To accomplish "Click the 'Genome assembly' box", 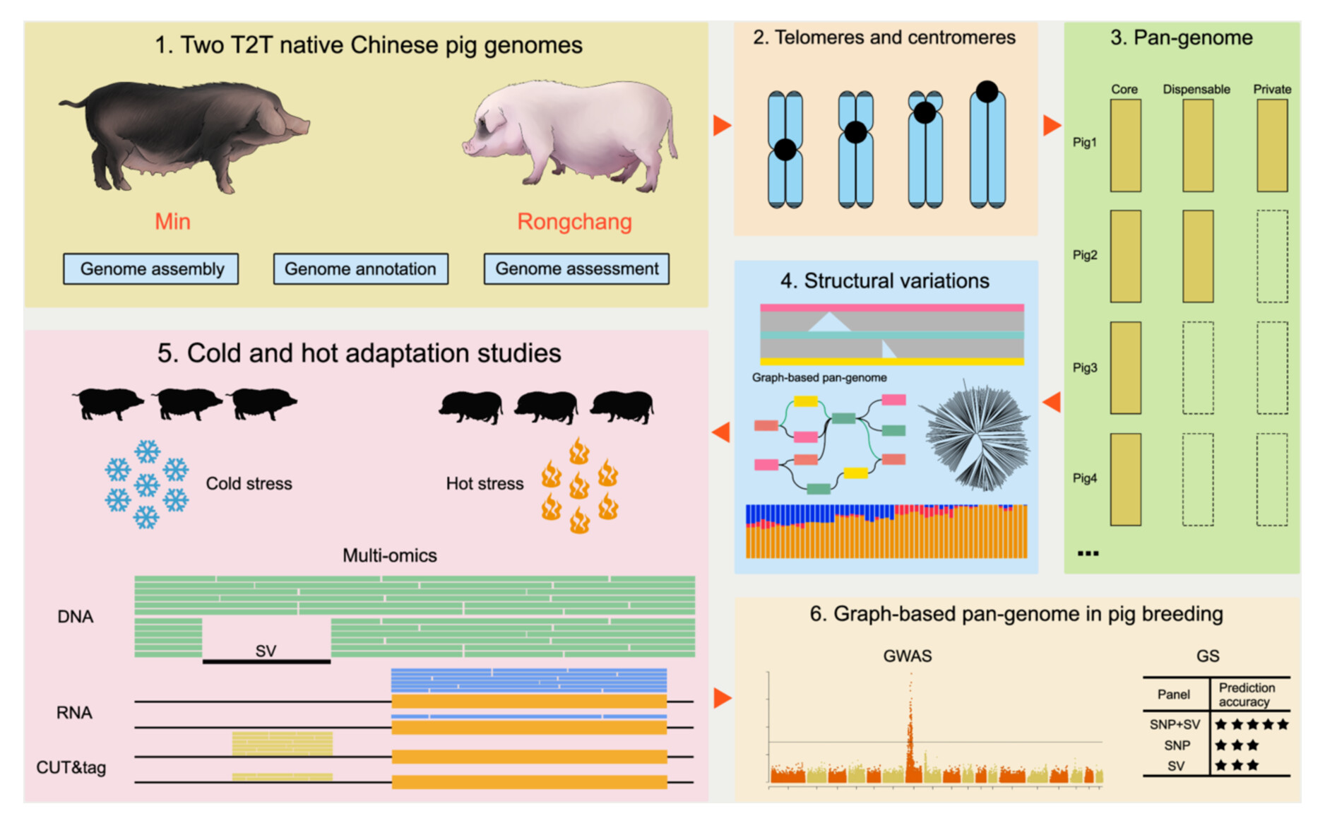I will coord(150,269).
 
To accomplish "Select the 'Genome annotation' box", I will coord(360,269).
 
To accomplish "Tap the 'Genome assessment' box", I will coord(576,269).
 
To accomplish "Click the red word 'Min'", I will coord(172,222).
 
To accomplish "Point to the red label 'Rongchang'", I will coord(574,222).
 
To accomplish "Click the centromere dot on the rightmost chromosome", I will coord(987,91).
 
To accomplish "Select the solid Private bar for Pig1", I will coord(1271,146).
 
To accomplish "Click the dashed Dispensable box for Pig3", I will coord(1198,367).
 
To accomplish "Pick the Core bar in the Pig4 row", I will coord(1125,479).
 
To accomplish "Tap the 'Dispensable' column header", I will coord(1196,90).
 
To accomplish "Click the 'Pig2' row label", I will coord(1085,255).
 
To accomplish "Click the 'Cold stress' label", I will coord(249,484).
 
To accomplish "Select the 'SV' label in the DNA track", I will coord(266,651).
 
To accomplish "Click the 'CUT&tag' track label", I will coord(71,767).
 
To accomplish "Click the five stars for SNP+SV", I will coord(1252,724).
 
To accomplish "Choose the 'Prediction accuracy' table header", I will coord(1247,694).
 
